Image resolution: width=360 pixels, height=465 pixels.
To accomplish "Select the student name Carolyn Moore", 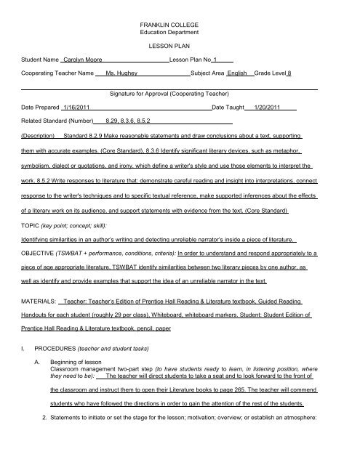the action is click(83, 59).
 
